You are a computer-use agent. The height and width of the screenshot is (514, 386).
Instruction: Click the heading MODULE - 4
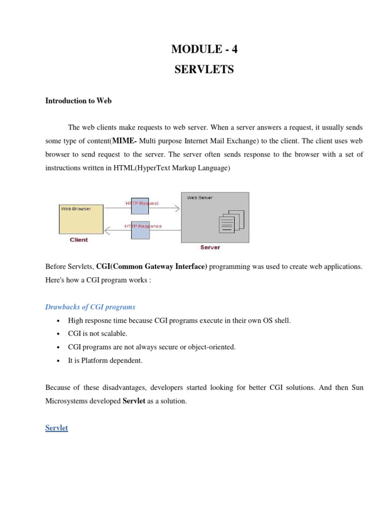204,49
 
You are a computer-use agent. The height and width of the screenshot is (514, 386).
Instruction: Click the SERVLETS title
204,70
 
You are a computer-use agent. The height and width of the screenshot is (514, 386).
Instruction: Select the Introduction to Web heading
78,101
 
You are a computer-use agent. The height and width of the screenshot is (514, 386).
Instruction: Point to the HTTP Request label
142,203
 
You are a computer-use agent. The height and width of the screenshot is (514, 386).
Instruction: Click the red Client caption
79,240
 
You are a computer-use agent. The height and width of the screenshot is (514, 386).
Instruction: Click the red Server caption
210,247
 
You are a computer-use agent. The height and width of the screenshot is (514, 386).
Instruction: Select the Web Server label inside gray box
200,198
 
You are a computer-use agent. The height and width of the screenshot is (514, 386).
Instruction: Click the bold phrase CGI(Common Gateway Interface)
151,267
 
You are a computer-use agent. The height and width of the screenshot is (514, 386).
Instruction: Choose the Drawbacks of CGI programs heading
90,307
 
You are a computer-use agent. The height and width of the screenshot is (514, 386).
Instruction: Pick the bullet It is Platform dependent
106,360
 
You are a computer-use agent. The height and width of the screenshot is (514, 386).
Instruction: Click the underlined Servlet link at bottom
57,428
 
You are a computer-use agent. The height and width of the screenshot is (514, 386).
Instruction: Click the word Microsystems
66,401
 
